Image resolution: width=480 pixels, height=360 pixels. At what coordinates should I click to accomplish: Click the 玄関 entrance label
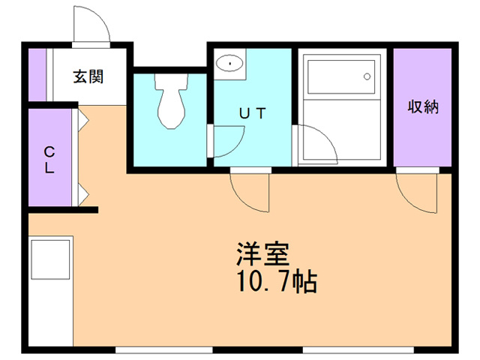pos(88,76)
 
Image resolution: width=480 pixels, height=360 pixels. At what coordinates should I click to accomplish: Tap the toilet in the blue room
pos(171,101)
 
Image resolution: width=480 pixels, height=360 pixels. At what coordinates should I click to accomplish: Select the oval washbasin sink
pos(229,63)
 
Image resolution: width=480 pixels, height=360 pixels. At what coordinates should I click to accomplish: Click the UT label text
pos(253,113)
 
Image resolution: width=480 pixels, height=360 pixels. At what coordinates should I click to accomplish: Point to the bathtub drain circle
pos(367,76)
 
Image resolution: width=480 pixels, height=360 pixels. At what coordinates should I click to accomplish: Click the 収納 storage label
pos(423,106)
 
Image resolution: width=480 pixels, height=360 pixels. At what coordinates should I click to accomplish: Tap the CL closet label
pos(49,160)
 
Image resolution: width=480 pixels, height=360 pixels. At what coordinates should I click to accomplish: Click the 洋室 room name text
pos(262,253)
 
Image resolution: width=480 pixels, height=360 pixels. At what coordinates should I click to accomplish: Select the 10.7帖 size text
pos(277,281)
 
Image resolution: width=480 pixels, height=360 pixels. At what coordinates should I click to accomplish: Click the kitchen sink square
pos(50,259)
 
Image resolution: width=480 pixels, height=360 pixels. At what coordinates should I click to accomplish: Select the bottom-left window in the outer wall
pos(164,350)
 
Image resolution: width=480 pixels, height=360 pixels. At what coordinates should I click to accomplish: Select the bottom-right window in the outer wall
pos(358,350)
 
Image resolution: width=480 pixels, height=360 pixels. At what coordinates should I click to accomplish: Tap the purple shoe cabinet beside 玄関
pos(37,75)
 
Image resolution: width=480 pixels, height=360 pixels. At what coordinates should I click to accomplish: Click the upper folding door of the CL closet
pos(83,119)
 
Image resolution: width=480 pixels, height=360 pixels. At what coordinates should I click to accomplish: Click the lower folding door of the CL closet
pos(83,194)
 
